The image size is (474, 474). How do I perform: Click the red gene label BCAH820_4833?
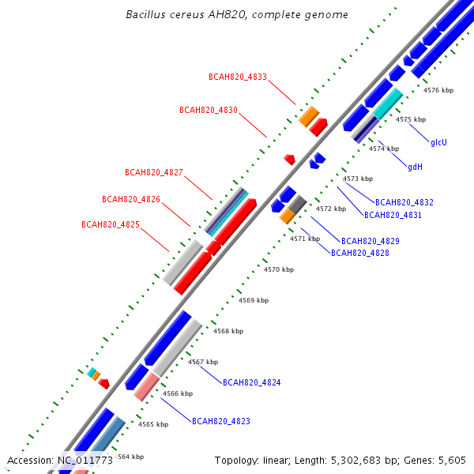(x=238, y=77)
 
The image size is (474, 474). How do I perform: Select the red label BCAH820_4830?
(x=209, y=110)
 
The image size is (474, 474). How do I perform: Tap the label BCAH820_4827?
(x=154, y=172)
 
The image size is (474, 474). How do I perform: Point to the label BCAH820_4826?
(x=131, y=200)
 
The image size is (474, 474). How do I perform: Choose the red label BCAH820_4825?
(x=111, y=224)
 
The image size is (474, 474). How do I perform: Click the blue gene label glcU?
(x=438, y=142)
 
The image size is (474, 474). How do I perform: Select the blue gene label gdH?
(x=415, y=167)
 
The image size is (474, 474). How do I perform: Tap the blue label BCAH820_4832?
(x=404, y=202)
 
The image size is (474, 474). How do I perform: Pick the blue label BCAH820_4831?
(x=393, y=215)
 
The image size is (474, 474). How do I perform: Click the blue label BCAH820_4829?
(x=371, y=241)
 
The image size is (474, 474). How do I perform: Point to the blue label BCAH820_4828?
(x=360, y=253)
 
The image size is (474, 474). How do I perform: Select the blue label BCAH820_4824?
(x=251, y=382)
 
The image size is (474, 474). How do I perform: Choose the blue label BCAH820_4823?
(x=221, y=421)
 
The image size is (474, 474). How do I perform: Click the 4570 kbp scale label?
(x=279, y=269)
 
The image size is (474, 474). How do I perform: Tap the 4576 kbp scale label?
(x=438, y=90)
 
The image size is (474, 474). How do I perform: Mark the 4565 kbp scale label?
(x=153, y=425)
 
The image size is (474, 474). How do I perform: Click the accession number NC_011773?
(x=85, y=461)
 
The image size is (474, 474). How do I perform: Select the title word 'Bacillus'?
(x=145, y=14)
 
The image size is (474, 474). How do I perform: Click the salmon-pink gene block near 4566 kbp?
(x=147, y=387)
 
